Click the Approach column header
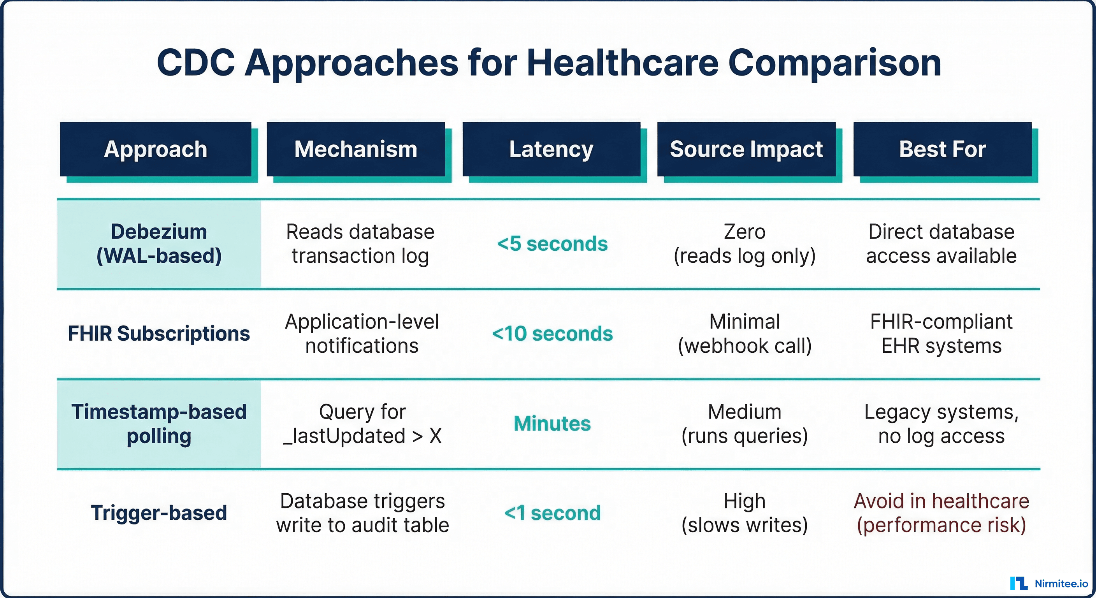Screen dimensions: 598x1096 coord(156,149)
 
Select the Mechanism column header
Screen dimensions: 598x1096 coord(356,149)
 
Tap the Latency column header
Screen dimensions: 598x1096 coord(552,149)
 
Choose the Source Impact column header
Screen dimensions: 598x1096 coord(746,149)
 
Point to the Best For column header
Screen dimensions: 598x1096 coord(942,149)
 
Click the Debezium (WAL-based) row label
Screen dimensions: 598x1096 coord(159,244)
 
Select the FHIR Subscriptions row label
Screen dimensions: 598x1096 coord(159,333)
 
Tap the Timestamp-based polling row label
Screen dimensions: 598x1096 coord(159,424)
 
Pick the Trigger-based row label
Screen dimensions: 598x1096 coord(159,513)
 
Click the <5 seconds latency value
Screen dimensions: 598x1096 coord(552,244)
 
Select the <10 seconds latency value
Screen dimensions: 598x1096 coord(552,334)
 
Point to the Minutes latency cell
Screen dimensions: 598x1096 coord(552,424)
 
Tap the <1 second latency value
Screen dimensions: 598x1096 coord(552,513)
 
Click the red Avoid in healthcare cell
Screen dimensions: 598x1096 coord(941,513)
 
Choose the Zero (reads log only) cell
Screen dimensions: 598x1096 coord(745,244)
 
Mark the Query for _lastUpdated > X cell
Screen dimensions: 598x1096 coord(362,424)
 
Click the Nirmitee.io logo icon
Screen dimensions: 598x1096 coord(1019,583)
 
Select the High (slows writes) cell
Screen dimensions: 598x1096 coord(745,513)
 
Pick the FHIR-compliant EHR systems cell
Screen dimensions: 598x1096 coord(941,334)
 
